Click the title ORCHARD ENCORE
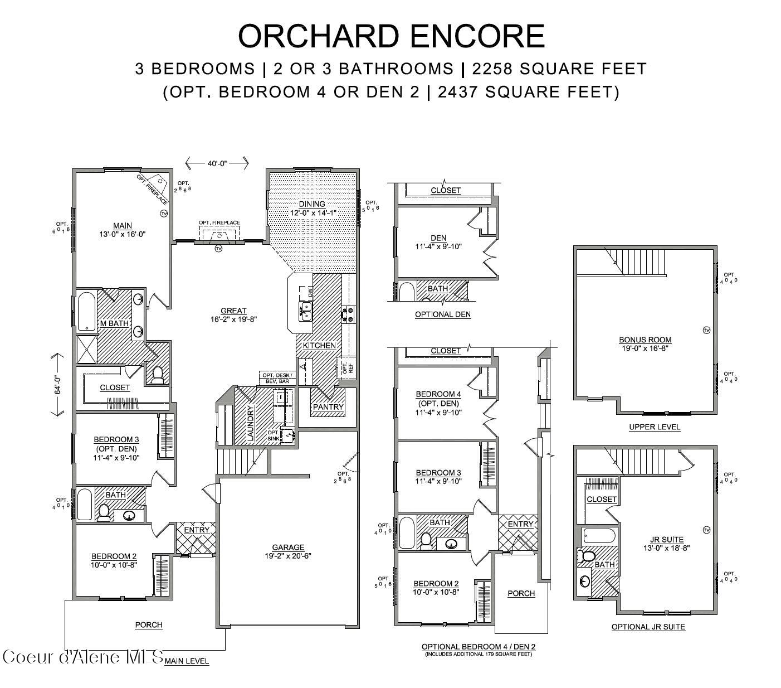coord(390,36)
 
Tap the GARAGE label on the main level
coord(288,548)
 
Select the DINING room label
coord(311,204)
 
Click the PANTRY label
coord(328,407)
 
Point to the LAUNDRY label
coord(250,424)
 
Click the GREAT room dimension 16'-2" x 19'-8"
coord(233,319)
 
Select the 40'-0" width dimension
coord(217,163)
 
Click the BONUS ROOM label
coord(645,340)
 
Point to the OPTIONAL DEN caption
coord(442,314)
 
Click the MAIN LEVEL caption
coord(187,661)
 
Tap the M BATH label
coord(114,323)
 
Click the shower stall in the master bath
coord(86,349)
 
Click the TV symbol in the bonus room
coord(706,330)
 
